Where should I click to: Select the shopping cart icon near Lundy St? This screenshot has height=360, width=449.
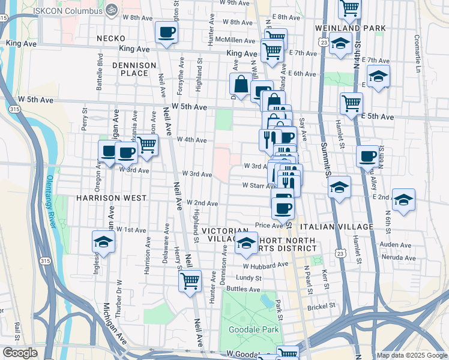[190, 280]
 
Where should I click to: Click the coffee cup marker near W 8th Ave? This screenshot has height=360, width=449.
[166, 32]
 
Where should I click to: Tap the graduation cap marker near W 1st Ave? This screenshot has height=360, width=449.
[103, 242]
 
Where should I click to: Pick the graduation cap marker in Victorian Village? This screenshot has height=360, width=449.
[246, 243]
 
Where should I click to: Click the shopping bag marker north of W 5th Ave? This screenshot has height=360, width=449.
[241, 85]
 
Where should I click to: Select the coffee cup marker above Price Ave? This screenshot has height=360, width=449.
[283, 208]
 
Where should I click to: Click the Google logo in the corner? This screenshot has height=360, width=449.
[20, 353]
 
